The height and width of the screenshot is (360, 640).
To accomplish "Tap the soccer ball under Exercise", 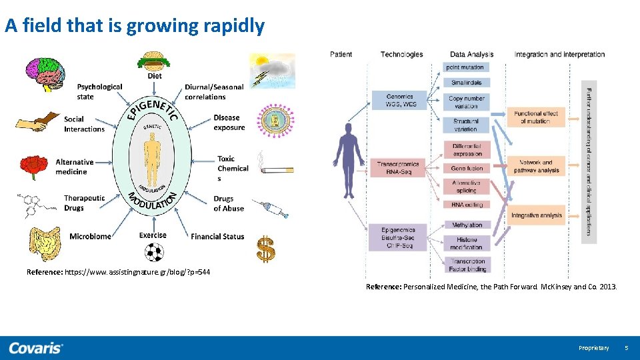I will coord(154,251).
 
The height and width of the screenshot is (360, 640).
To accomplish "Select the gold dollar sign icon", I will coord(266,249).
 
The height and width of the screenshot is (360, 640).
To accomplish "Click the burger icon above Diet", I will coord(154,61).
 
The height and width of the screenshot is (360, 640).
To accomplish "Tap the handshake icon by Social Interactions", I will coord(37,123).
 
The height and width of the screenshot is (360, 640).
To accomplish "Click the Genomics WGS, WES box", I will coord(399,101).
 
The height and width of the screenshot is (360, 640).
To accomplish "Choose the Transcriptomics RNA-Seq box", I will coord(399,167).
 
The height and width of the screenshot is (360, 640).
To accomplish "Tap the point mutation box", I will coord(467,67).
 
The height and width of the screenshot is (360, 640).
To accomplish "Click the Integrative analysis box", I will coord(537,215).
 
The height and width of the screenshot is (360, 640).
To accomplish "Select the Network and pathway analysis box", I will coord(537,166).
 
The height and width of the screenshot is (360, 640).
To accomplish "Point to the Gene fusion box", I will coord(467,169).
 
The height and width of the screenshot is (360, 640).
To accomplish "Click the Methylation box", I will coord(467,225).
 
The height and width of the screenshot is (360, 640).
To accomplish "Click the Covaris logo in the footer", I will coord(36,347).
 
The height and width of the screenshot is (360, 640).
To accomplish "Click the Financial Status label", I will coord(217,237).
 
